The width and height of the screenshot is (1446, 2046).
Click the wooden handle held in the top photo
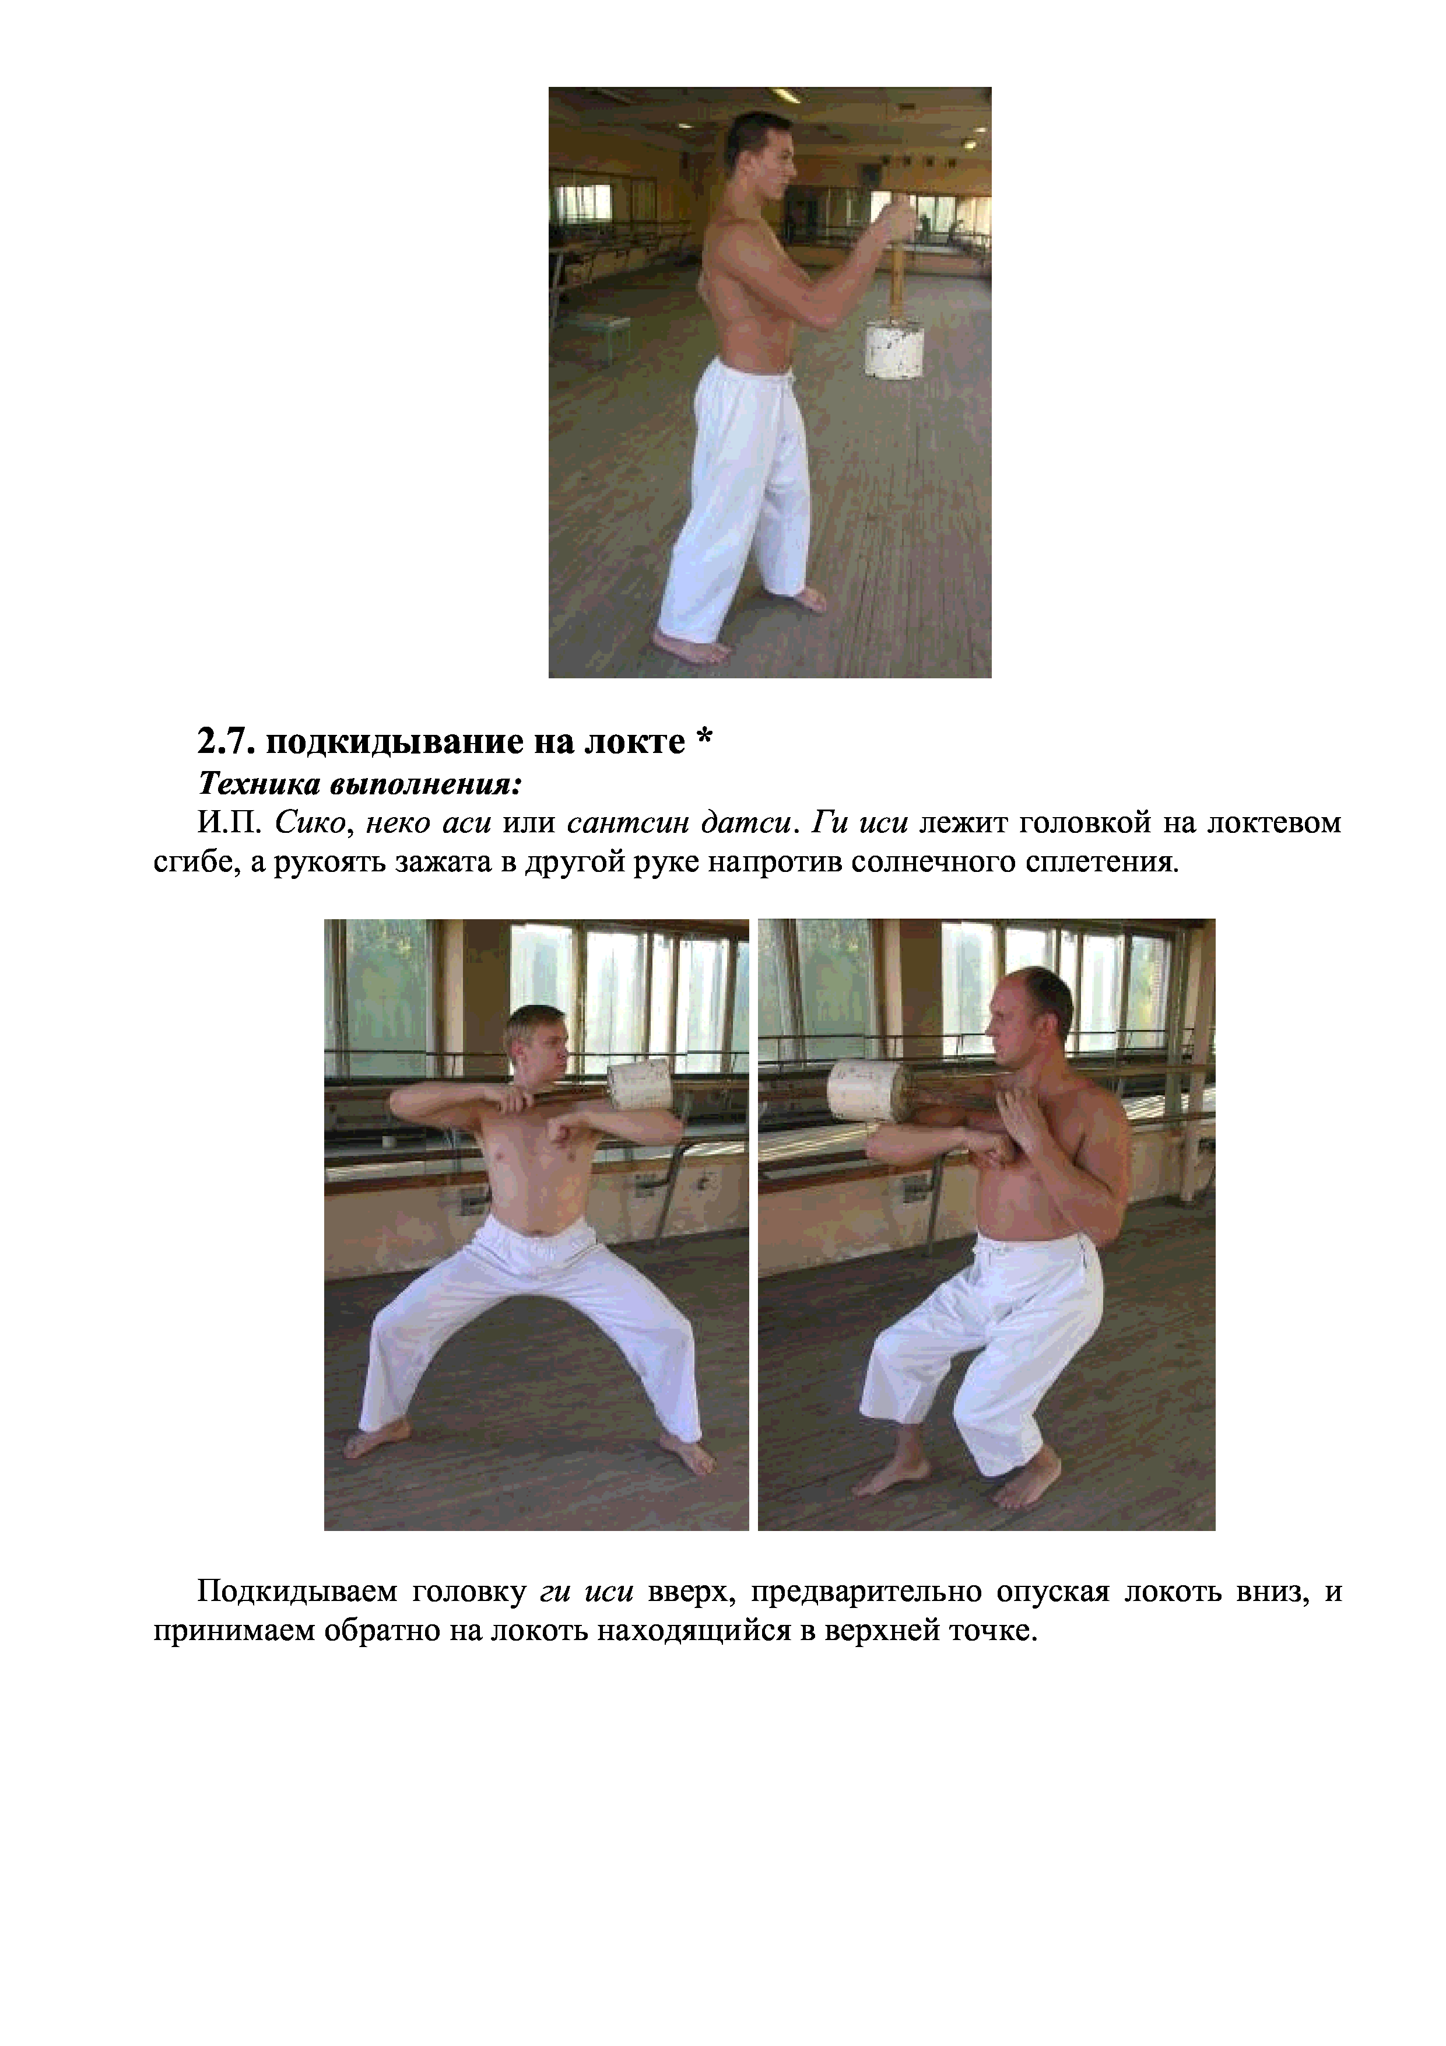coord(896,264)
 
